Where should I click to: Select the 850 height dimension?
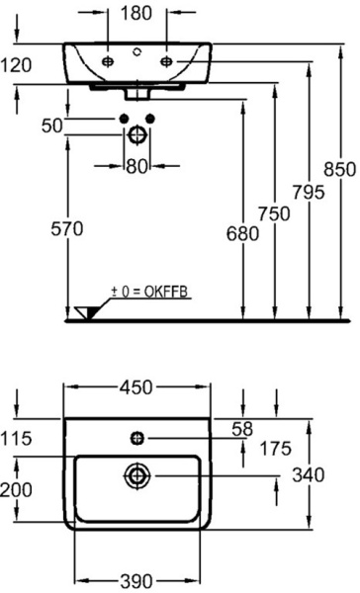tap(339, 169)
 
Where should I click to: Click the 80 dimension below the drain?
tap(136, 165)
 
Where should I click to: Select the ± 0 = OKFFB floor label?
tap(150, 292)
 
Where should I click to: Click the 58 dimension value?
tap(241, 427)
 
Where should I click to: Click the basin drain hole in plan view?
tap(135, 476)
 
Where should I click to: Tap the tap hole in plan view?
tap(136, 436)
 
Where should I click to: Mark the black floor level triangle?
tap(81, 313)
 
